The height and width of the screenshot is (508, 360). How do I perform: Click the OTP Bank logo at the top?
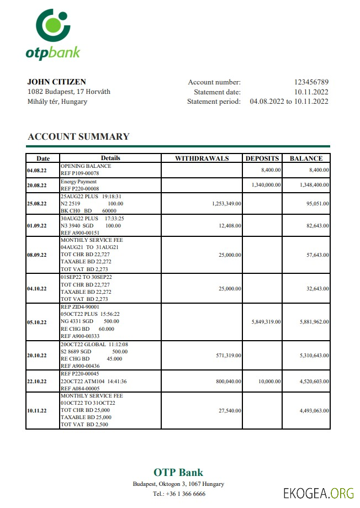coord(52,34)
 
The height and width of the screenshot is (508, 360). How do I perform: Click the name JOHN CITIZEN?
coord(57,82)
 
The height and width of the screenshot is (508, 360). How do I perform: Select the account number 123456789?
coord(311,82)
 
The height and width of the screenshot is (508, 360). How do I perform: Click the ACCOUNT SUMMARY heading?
coord(78,136)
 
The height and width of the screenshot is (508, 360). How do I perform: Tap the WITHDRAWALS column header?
coord(202,158)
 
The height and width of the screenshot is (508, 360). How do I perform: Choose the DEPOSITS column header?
coord(262,158)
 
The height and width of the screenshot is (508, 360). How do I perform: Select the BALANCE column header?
coord(306,158)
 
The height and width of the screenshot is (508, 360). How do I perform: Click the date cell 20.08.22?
coord(37,186)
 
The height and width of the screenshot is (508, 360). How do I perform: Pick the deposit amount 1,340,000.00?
coord(266,185)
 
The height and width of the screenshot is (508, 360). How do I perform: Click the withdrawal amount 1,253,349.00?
coord(226,204)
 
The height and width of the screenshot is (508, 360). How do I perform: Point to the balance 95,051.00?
coord(315,204)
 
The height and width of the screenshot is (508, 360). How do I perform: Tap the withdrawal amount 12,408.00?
coord(229,226)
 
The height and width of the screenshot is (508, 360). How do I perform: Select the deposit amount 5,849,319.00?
coord(266,321)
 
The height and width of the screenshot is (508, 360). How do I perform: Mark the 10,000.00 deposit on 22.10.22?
coord(269,381)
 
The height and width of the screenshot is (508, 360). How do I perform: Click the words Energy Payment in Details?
coord(78,182)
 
